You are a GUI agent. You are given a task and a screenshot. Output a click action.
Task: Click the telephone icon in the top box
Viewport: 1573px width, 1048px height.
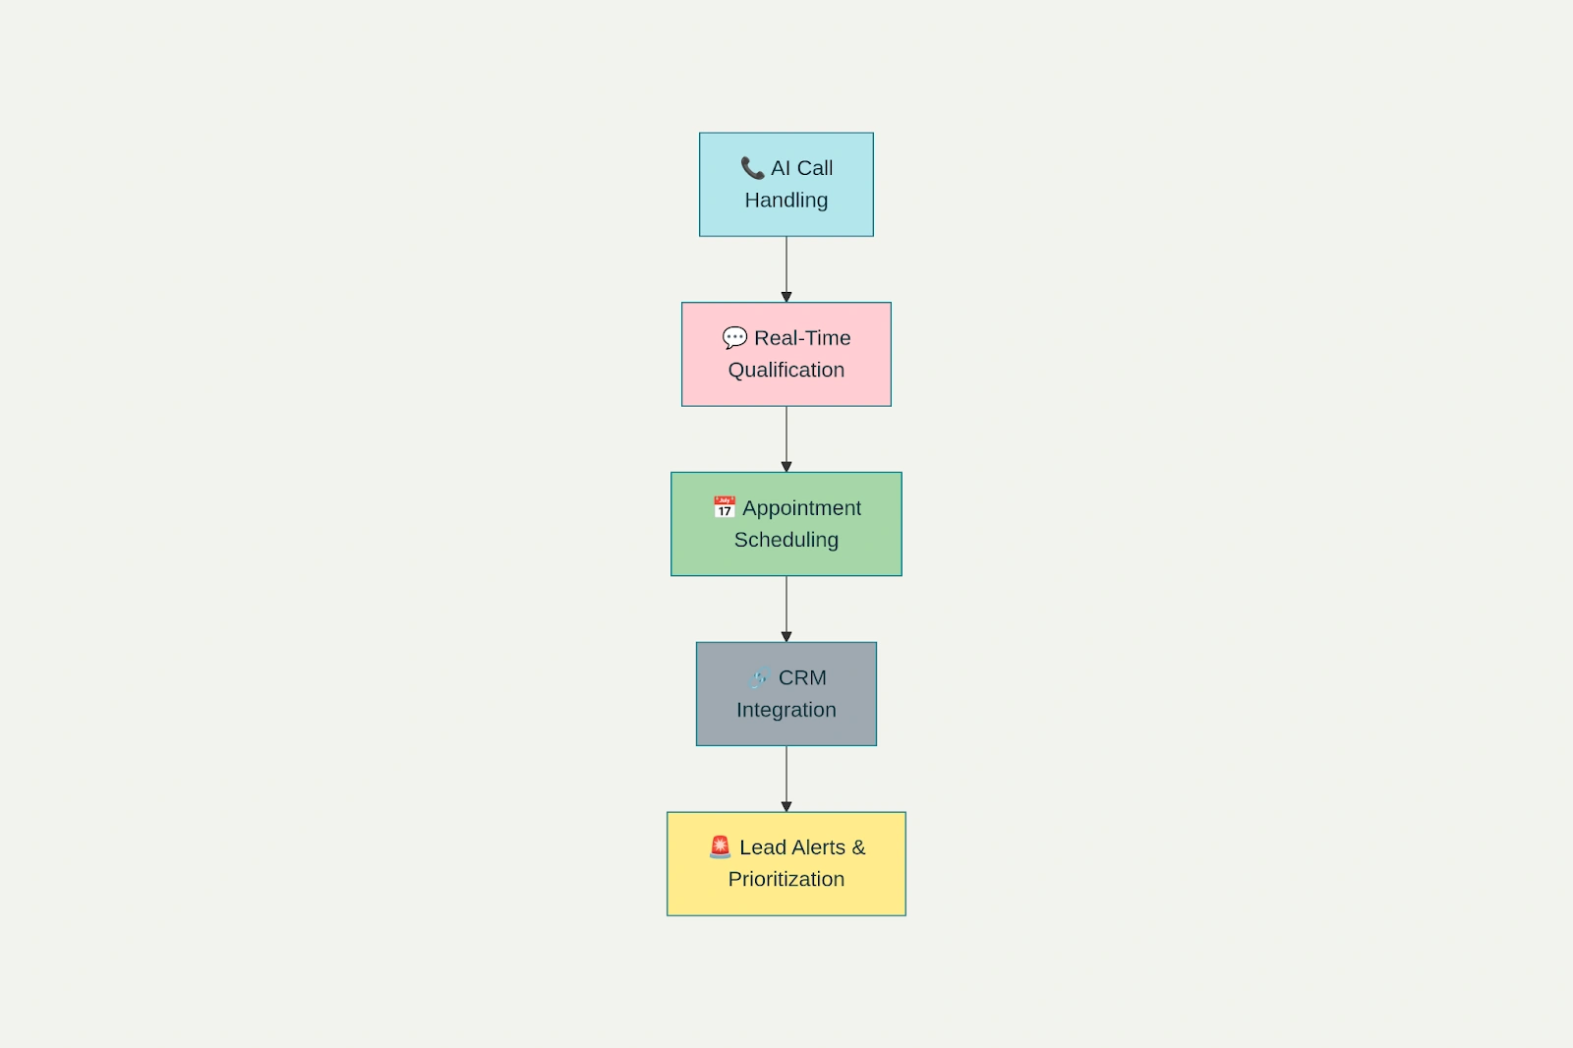[x=752, y=168]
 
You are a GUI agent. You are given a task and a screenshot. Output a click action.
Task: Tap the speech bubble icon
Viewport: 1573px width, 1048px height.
[x=734, y=338]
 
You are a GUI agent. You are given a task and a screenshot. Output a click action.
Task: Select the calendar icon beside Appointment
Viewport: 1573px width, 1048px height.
[x=725, y=507]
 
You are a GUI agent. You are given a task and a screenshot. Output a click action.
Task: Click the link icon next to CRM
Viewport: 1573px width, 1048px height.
[x=758, y=678]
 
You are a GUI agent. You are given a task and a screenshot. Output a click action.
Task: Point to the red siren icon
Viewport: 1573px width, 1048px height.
[x=720, y=846]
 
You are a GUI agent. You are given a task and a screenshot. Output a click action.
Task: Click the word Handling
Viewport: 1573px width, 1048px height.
[x=786, y=200]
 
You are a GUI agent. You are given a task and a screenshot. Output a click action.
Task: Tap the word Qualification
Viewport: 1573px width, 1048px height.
[x=786, y=370]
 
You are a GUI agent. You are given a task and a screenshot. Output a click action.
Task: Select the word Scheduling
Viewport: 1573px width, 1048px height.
[x=786, y=540]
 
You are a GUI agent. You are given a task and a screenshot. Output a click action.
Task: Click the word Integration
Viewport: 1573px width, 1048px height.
[x=786, y=710]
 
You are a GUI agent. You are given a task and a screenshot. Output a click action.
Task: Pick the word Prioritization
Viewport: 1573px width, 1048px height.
[x=786, y=879]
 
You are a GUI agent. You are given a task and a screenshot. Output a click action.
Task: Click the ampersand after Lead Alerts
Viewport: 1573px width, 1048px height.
[x=858, y=847]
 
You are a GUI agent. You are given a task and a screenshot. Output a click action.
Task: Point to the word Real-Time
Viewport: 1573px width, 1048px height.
[x=802, y=338]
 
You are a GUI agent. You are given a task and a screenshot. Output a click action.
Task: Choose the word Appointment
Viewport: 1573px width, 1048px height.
[x=801, y=508]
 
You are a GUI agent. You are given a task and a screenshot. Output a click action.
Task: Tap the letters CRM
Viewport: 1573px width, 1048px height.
[x=802, y=678]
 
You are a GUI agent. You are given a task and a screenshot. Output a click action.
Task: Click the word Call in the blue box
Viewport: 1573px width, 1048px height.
[x=815, y=168]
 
